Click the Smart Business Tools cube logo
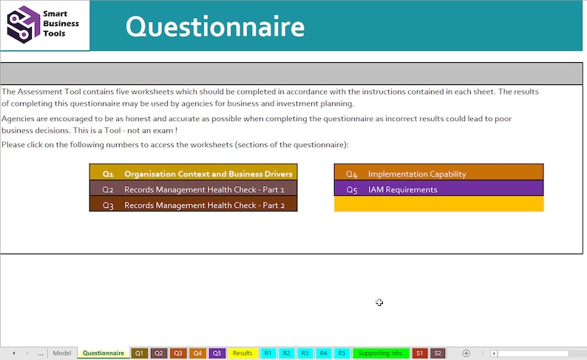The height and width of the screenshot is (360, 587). (23, 24)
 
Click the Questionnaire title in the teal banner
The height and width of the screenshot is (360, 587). (214, 27)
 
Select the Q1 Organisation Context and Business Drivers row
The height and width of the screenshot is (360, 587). (194, 174)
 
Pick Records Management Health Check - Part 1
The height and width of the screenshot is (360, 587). (194, 189)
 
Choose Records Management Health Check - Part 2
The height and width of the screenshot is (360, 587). (194, 205)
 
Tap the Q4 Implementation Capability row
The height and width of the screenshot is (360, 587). (438, 174)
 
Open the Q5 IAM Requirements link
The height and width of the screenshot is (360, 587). (438, 189)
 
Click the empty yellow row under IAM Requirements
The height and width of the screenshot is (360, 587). (438, 204)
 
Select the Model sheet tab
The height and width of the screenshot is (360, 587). (62, 353)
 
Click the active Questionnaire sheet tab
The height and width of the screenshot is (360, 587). (104, 353)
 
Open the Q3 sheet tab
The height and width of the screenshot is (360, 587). (178, 353)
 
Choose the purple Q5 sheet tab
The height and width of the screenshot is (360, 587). (217, 353)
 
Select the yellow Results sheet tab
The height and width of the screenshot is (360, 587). (242, 353)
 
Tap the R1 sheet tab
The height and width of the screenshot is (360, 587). (268, 353)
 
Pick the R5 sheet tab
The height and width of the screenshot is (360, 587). (342, 353)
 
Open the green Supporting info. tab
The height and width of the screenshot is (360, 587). (381, 353)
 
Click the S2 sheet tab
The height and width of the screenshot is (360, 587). (438, 353)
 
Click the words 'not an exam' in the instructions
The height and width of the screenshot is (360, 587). (155, 130)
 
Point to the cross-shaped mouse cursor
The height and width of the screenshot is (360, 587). (379, 302)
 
